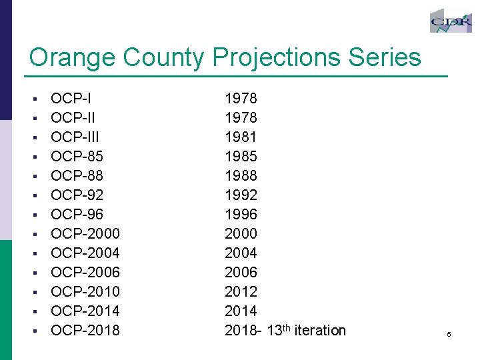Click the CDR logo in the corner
(451, 21)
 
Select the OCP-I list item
(71, 99)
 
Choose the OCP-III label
(75, 137)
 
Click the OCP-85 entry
(77, 157)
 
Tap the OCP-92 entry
(77, 195)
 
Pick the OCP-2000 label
(85, 234)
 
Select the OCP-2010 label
(85, 292)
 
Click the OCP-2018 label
(85, 331)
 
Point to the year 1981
(241, 137)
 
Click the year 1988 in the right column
(241, 176)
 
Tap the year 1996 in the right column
(241, 215)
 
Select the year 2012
(241, 292)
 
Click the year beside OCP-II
(241, 118)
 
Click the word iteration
(320, 331)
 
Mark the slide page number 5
(449, 334)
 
